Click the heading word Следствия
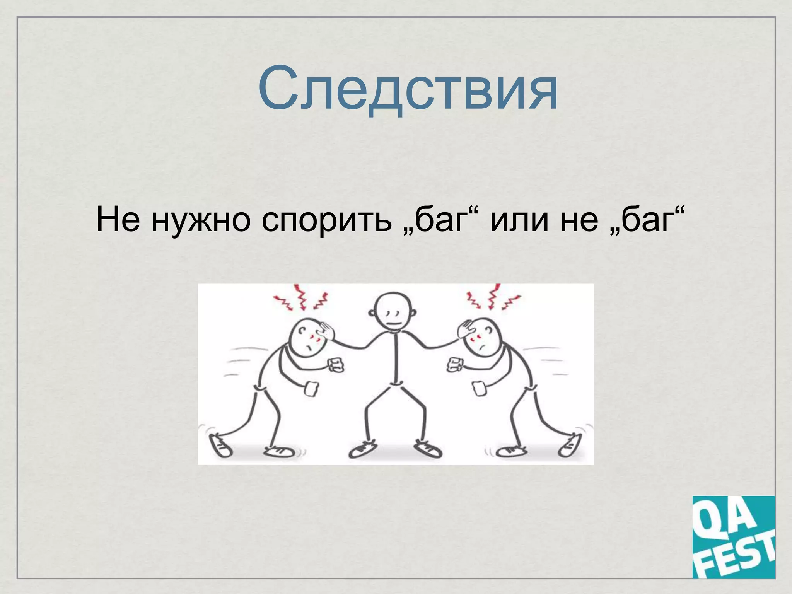click(x=408, y=90)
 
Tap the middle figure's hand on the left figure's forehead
click(x=327, y=331)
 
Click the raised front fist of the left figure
click(x=336, y=365)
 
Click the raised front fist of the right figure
click(x=455, y=365)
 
